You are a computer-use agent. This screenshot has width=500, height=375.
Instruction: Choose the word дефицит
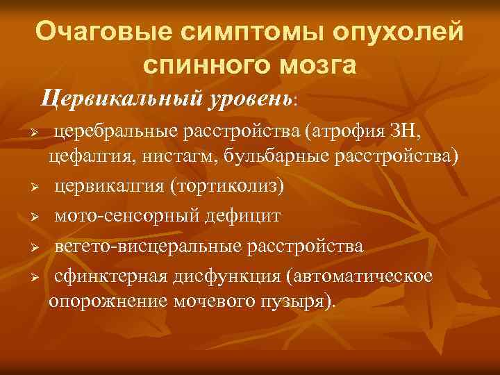coord(249,216)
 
